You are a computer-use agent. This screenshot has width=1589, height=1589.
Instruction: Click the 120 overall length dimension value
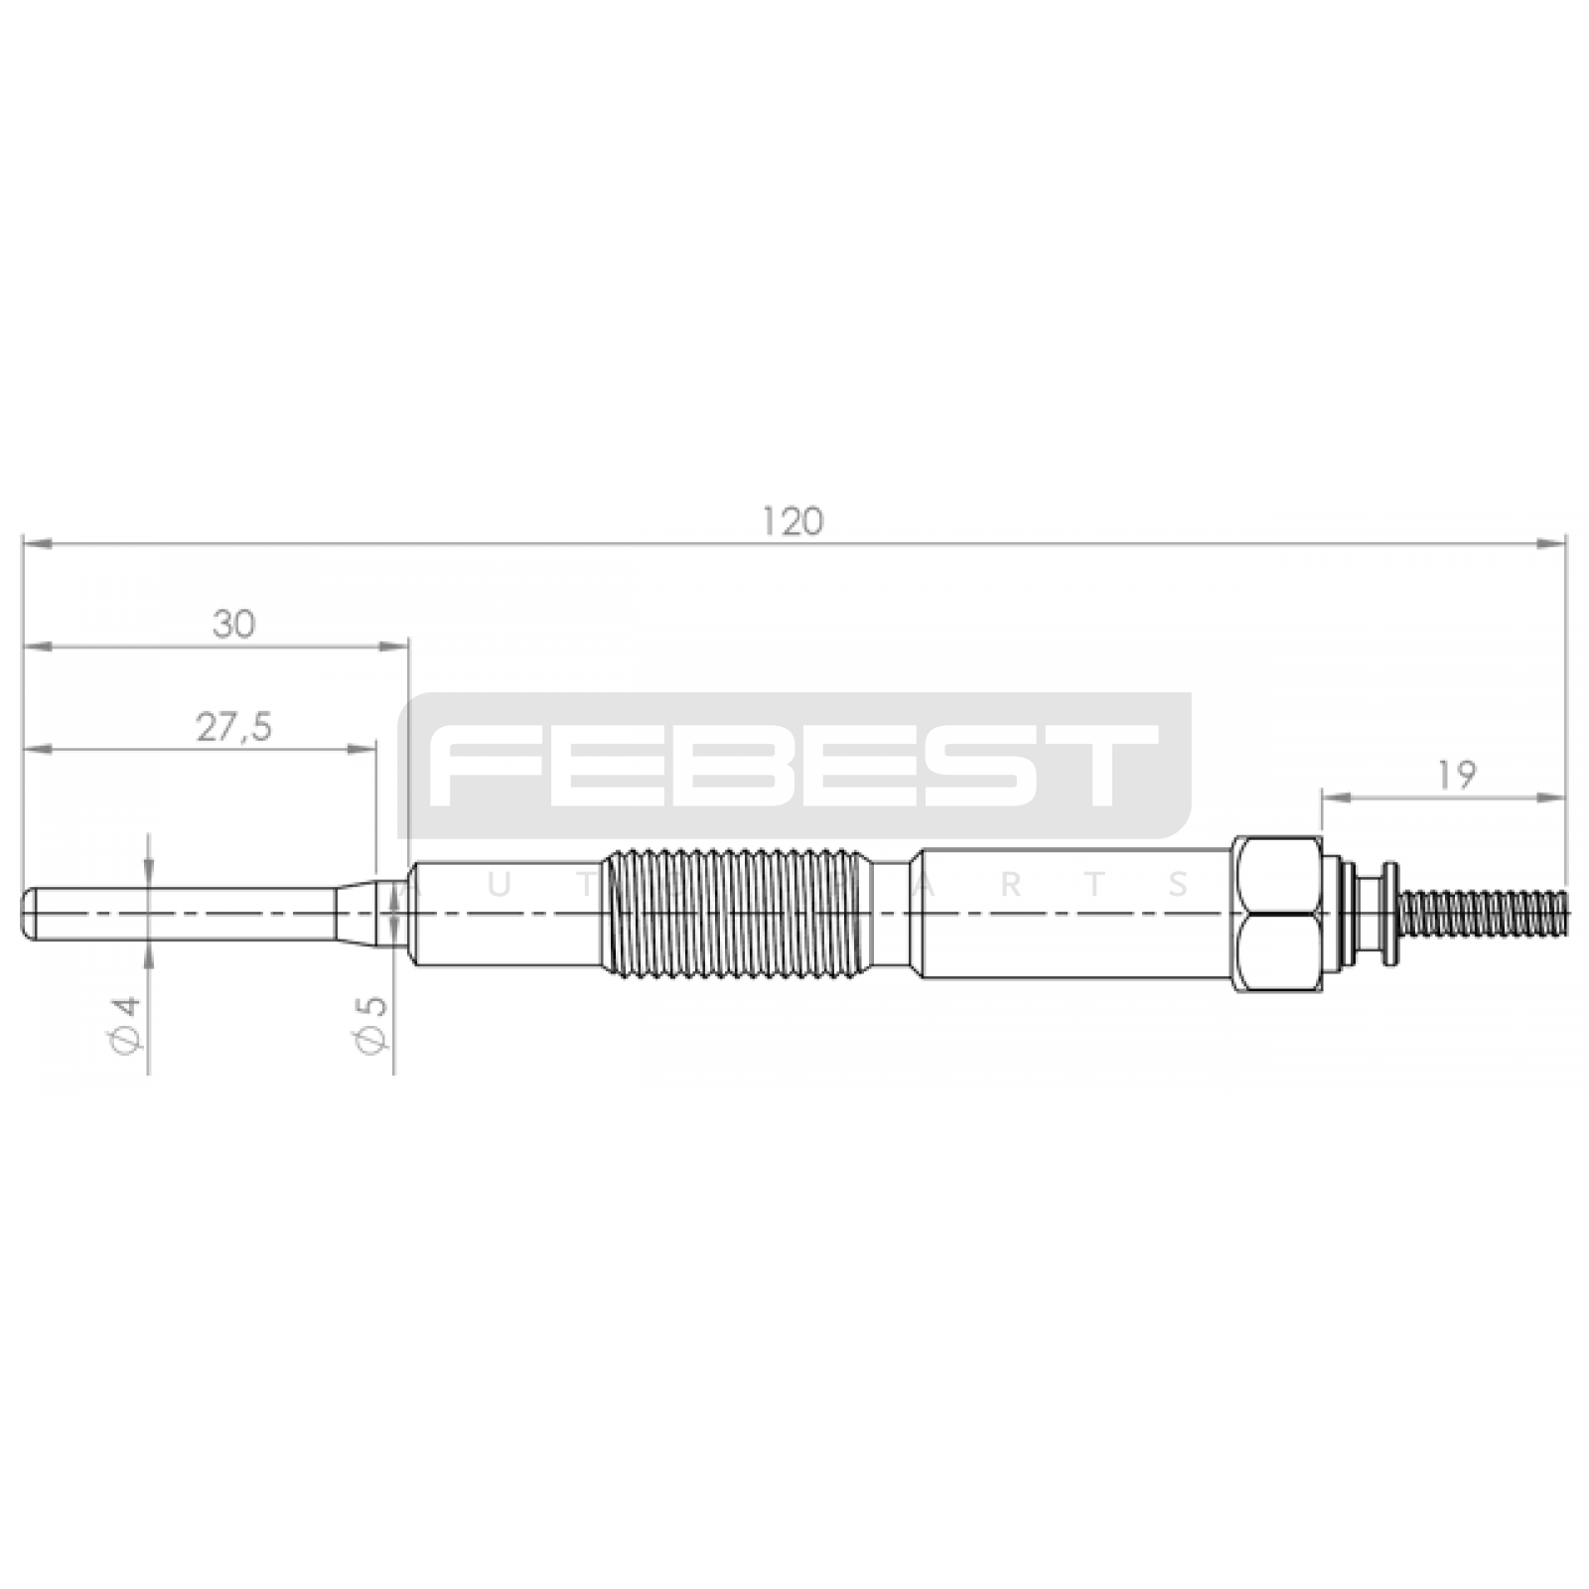793,521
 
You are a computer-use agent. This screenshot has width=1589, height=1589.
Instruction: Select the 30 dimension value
233,625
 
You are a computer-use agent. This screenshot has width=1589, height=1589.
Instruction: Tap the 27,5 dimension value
233,728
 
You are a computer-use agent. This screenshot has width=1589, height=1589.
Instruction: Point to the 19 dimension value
1456,776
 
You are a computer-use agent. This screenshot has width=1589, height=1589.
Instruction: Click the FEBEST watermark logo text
794,764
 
